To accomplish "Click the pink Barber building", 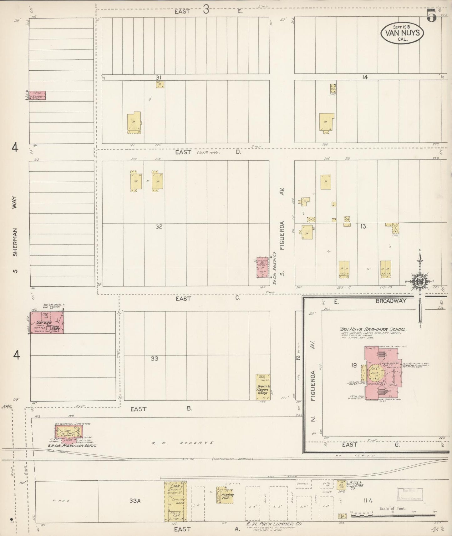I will tap(37, 95).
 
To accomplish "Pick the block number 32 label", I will tap(159, 226).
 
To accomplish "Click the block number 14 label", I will tap(365, 77).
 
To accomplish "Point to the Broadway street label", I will tap(391, 301).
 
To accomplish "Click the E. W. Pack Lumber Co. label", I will tap(274, 524).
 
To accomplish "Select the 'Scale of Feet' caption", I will tap(392, 508).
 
